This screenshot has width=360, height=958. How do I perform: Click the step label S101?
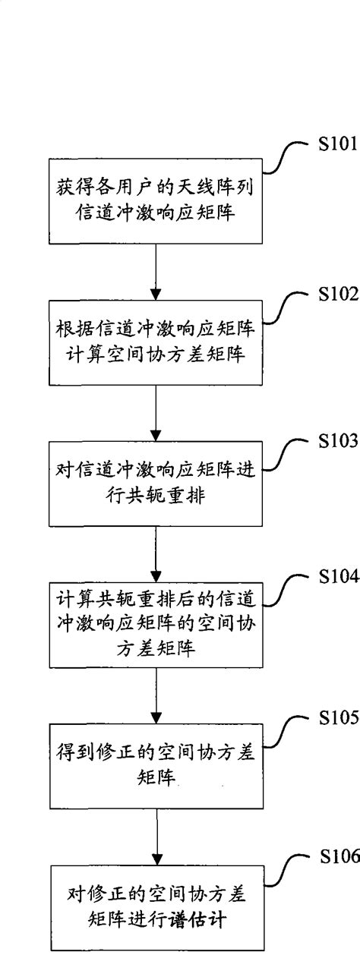(x=337, y=145)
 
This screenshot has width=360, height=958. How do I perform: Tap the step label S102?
(x=337, y=295)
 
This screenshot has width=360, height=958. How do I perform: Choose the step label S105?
(x=337, y=720)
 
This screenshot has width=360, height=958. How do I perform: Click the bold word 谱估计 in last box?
(x=200, y=919)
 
